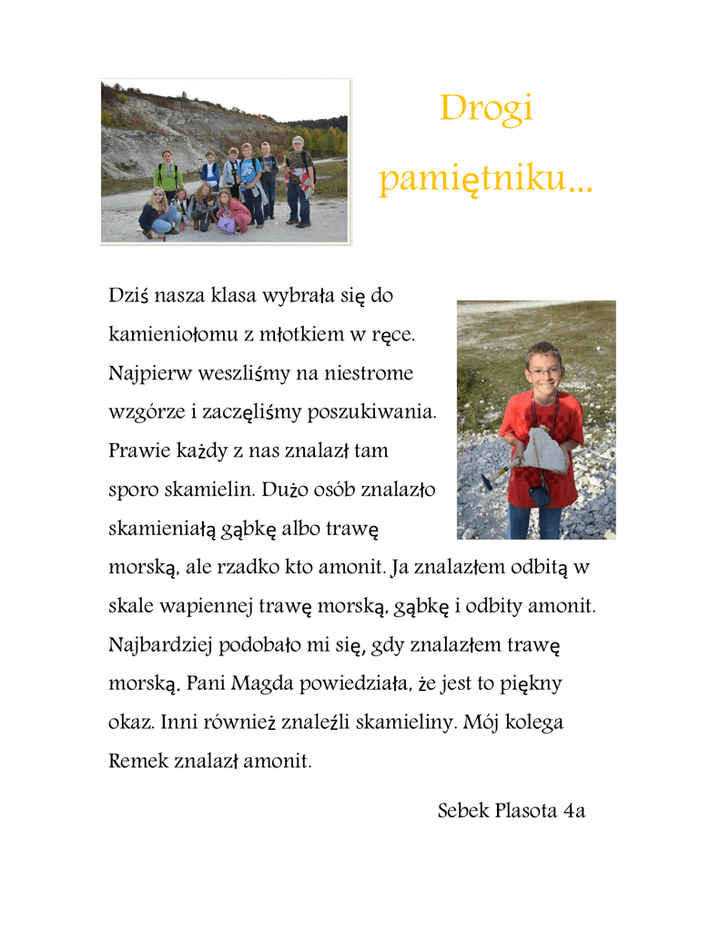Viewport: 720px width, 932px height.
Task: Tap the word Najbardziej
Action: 159,645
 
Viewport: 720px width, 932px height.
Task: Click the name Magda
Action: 264,684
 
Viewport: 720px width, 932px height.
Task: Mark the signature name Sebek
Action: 462,810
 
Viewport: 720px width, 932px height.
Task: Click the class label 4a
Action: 573,810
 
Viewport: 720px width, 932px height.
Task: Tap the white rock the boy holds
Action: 543,450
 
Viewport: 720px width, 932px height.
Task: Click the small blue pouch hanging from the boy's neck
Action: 540,495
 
